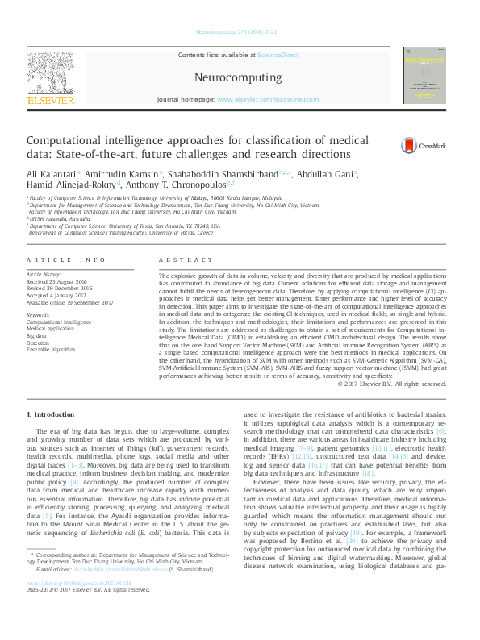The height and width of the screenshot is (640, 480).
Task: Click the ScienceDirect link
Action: (278, 55)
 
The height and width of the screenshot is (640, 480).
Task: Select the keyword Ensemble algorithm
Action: (52, 350)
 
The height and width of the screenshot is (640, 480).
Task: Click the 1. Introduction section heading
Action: (52, 414)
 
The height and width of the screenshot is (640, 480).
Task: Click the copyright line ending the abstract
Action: (391, 384)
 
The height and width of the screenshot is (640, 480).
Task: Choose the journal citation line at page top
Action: (239, 32)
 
